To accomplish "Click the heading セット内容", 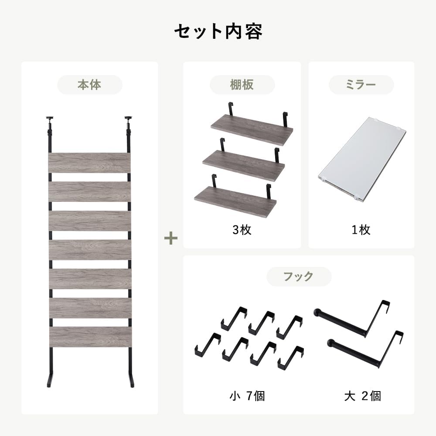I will click(x=218, y=32).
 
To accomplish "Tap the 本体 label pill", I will click(x=89, y=85).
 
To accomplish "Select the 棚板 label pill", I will click(x=242, y=85).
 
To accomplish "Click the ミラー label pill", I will click(x=361, y=85).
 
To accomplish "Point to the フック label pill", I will click(x=299, y=276).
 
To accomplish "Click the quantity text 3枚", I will click(x=242, y=230).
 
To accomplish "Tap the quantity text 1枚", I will click(x=361, y=230).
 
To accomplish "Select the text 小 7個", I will click(x=247, y=396).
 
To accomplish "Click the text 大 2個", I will click(x=362, y=396).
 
